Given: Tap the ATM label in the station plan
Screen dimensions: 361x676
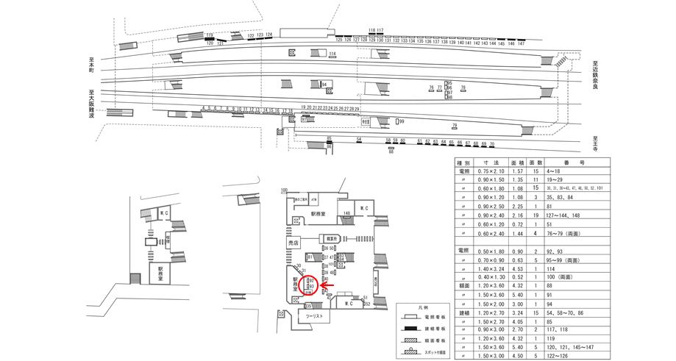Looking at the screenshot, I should (x=313, y=199).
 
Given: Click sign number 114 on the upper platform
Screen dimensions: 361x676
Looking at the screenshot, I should (x=332, y=54).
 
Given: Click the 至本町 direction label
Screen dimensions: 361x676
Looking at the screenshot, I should (x=91, y=71).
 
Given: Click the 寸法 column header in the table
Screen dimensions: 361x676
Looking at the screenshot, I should (x=492, y=162).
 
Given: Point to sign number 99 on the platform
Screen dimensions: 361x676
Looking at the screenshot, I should (x=401, y=121).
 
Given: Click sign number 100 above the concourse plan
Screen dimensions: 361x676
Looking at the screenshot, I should (x=284, y=191).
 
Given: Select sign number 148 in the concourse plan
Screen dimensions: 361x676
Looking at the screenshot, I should (x=346, y=214).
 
